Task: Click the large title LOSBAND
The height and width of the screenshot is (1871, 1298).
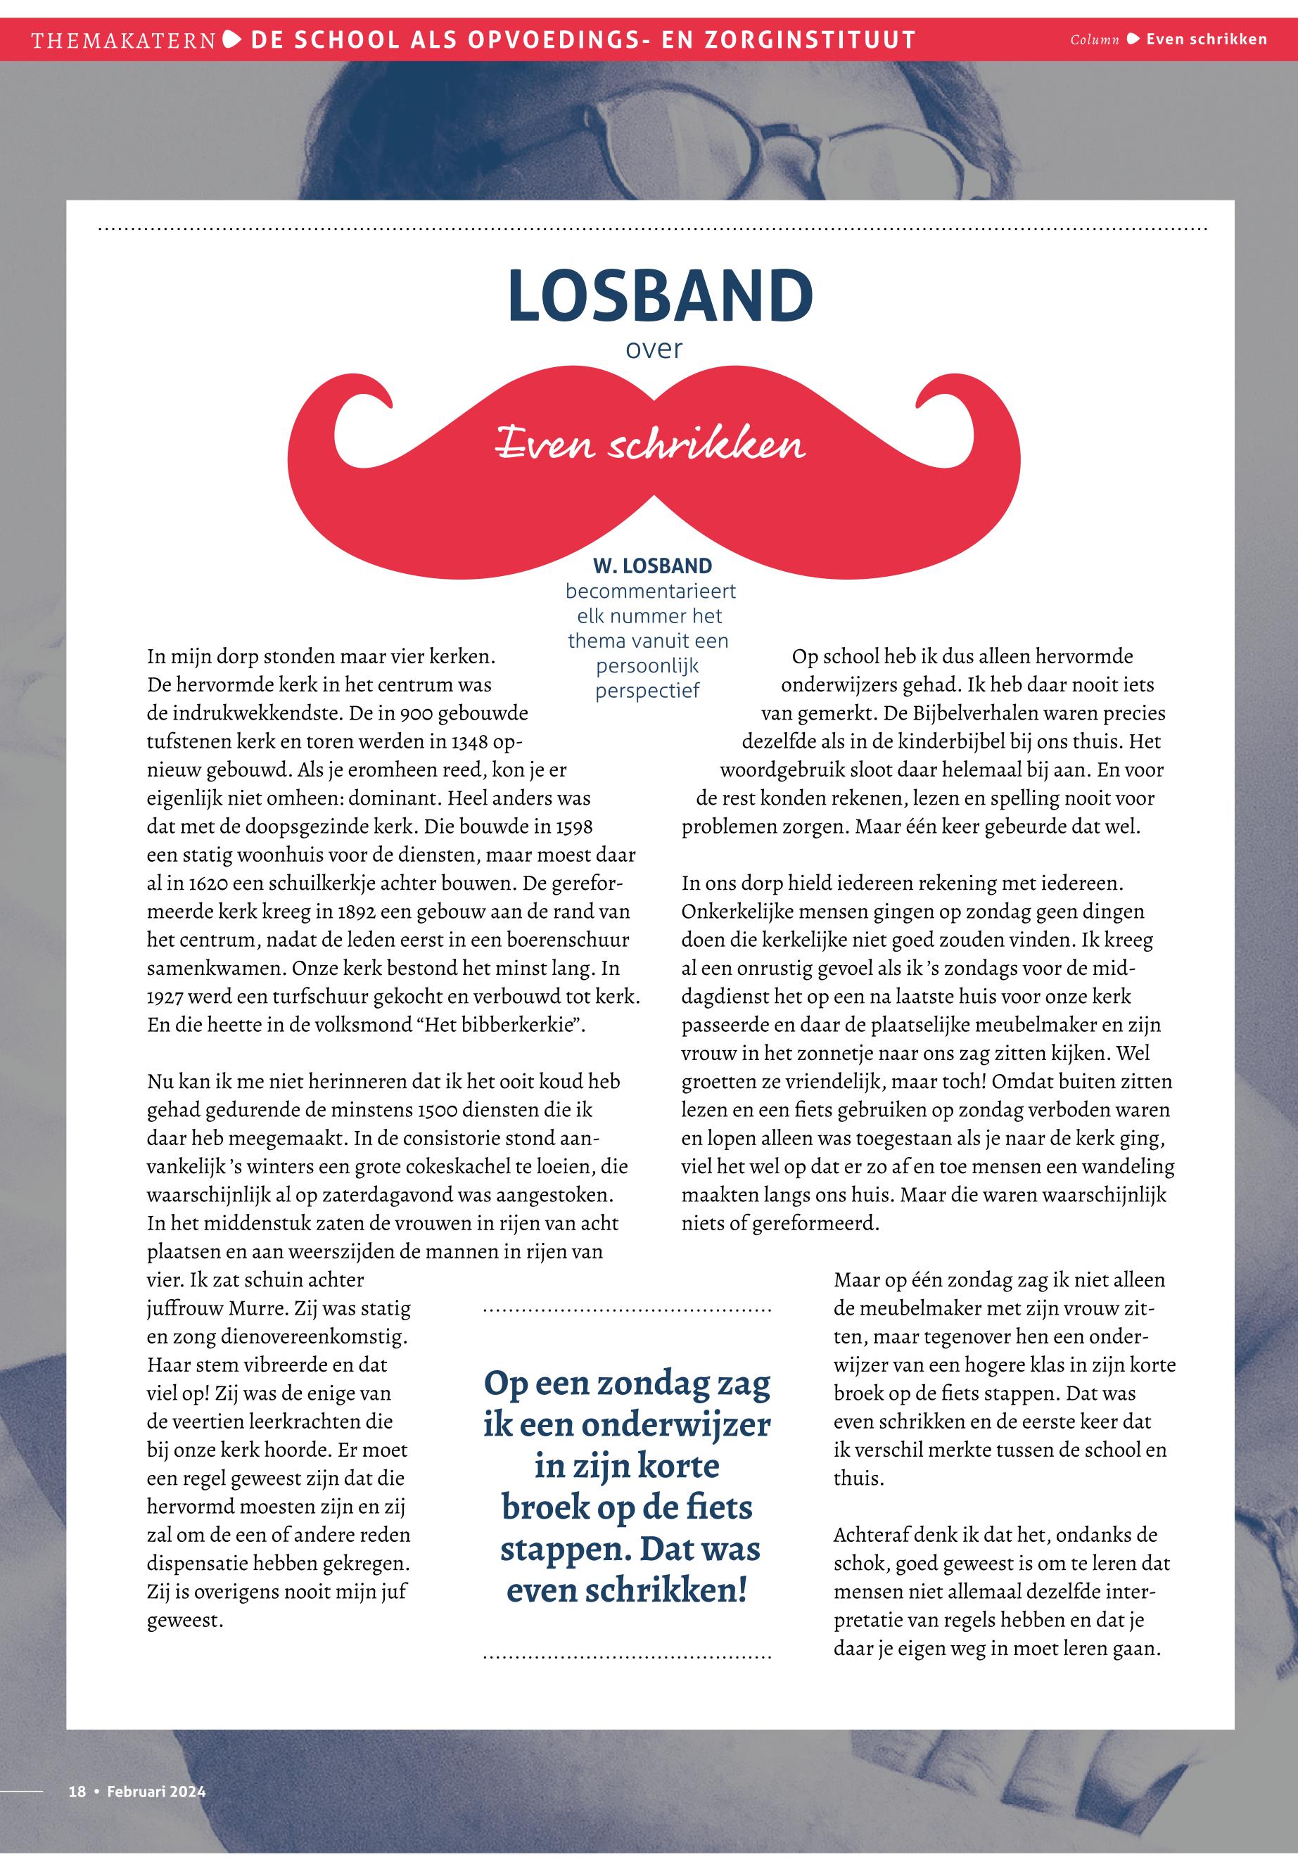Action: tap(660, 296)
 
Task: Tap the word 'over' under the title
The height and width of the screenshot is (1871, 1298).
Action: tap(654, 350)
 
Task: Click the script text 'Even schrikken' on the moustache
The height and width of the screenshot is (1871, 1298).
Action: tap(651, 445)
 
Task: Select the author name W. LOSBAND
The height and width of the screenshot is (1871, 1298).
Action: tap(652, 566)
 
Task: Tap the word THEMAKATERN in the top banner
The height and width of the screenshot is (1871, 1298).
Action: tap(124, 40)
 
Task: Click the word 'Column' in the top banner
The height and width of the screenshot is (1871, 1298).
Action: tap(1094, 40)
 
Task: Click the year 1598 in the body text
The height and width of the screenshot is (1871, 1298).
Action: tap(574, 827)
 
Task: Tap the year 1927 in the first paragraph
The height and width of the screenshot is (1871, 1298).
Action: tap(167, 997)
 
